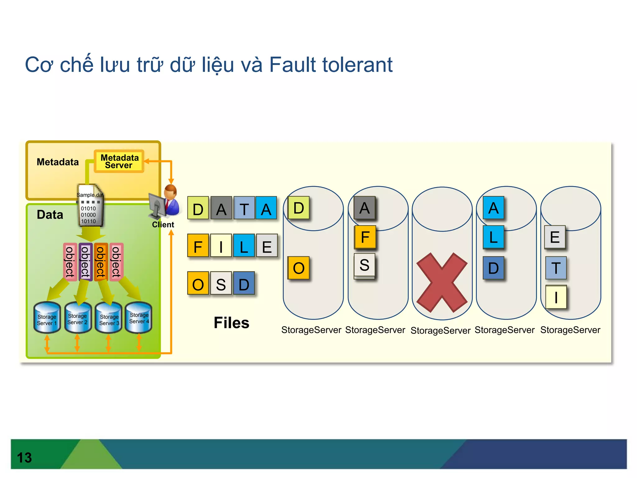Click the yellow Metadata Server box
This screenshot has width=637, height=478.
119,161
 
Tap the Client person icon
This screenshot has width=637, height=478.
165,201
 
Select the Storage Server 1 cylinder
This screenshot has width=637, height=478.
47,317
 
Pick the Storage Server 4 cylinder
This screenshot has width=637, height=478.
139,317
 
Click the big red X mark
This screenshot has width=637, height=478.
442,282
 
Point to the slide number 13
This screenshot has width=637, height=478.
24,457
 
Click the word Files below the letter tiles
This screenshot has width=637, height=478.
231,323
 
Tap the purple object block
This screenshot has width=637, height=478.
85,262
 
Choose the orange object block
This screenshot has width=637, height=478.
101,262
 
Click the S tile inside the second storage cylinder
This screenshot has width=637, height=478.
365,265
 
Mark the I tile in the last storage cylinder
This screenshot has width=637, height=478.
556,297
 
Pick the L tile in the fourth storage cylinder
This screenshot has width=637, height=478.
493,237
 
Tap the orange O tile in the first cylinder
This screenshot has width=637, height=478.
299,268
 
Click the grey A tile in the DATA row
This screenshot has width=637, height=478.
221,208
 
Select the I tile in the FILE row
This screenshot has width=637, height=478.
221,246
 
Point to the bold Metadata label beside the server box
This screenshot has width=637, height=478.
58,162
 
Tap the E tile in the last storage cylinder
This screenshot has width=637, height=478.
555,237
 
